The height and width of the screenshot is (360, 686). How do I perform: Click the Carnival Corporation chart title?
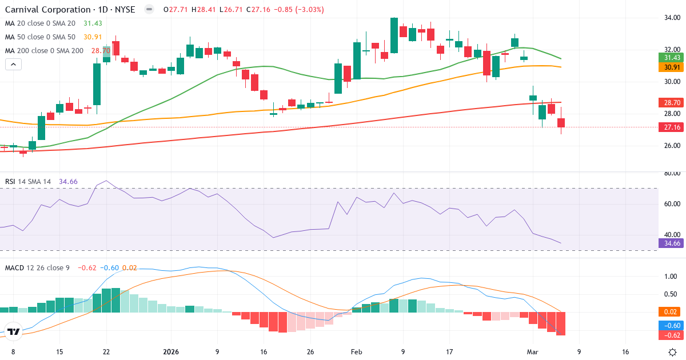pyautogui.click(x=70, y=10)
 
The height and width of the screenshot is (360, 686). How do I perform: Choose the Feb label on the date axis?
pyautogui.click(x=356, y=352)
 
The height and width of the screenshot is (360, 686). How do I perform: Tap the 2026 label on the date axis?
pyautogui.click(x=171, y=352)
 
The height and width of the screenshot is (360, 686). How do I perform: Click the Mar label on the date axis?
pyautogui.click(x=532, y=352)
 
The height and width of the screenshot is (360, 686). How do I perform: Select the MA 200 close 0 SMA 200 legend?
pyautogui.click(x=44, y=51)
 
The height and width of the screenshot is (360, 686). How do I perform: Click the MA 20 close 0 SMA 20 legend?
pyautogui.click(x=39, y=23)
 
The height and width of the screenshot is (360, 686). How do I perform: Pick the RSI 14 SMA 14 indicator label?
pyautogui.click(x=28, y=182)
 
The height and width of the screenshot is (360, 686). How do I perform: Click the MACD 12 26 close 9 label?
pyautogui.click(x=37, y=267)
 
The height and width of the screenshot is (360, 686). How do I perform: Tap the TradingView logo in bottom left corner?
pyautogui.click(x=14, y=331)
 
